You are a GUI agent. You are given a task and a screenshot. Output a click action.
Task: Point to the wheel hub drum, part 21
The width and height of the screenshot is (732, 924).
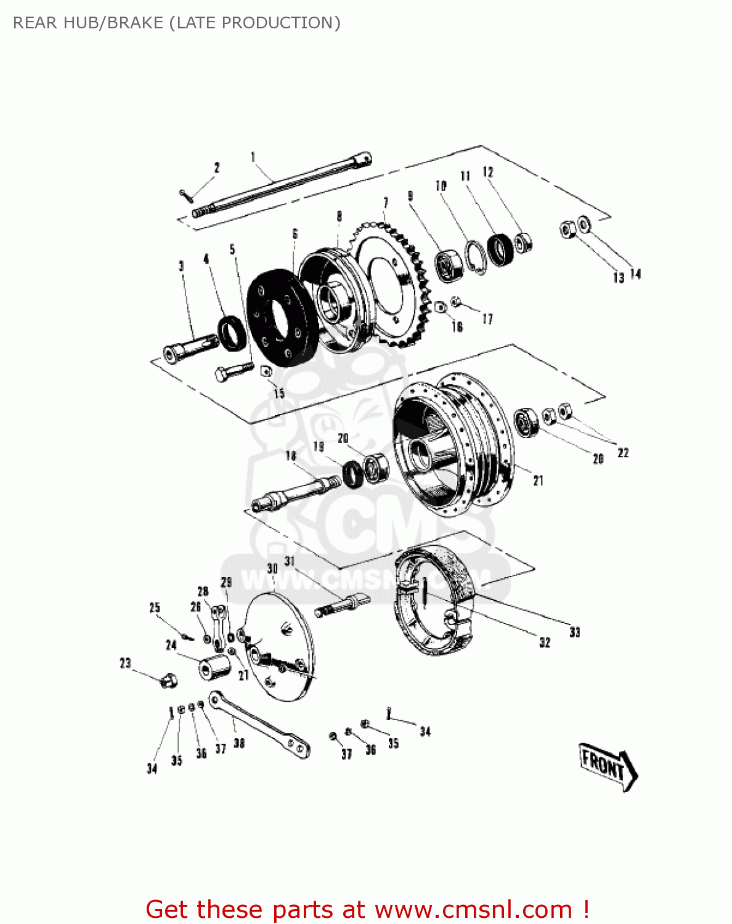pos(453,444)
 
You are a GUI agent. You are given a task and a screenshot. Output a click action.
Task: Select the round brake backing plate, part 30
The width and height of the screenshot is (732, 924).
pos(279,647)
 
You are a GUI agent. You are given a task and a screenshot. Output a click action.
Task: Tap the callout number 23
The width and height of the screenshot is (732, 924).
pos(126,663)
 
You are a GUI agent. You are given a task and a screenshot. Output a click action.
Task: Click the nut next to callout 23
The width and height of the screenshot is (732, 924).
pos(168,681)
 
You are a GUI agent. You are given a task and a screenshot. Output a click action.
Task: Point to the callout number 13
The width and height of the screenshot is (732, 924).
pos(619,278)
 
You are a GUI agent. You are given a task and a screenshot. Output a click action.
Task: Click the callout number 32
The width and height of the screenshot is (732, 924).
pos(545,642)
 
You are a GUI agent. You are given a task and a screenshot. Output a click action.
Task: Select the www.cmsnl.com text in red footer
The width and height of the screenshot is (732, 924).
pos(474,909)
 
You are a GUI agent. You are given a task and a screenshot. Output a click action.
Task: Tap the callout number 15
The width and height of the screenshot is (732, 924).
pos(279,394)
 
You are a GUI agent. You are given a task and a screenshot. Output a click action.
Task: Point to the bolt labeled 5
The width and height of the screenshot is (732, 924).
pos(232,371)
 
